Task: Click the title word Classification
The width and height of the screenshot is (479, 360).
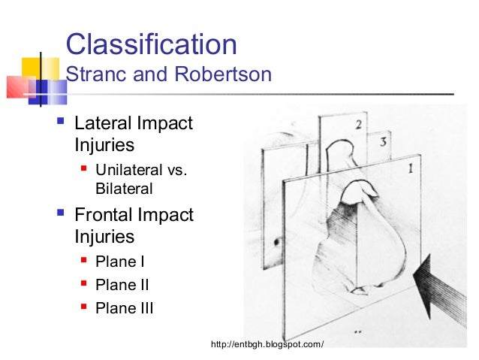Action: coord(151,44)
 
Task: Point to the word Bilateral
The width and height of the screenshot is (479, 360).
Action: coord(124,189)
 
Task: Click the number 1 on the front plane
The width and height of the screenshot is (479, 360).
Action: coord(409,170)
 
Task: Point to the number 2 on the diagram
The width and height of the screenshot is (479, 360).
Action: coord(359,125)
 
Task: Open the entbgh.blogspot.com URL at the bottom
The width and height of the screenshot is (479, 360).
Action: coord(267,344)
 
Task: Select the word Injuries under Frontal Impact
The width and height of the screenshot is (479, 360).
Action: coord(104,237)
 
